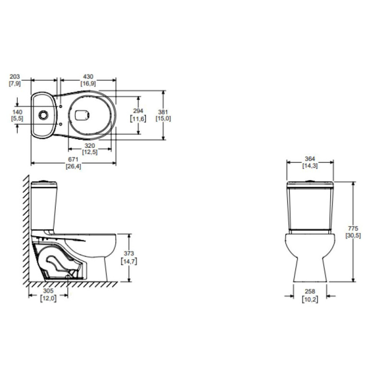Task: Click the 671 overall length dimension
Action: click(x=73, y=159)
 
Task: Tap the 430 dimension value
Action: click(x=88, y=77)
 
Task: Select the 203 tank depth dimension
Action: click(x=15, y=77)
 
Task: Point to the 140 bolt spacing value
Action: click(x=17, y=112)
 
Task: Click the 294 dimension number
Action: click(x=138, y=111)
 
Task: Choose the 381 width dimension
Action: click(x=163, y=112)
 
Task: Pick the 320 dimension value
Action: click(x=90, y=146)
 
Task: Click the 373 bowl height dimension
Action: click(x=129, y=253)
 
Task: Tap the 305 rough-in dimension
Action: click(x=48, y=291)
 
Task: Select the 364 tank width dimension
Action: click(x=310, y=159)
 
